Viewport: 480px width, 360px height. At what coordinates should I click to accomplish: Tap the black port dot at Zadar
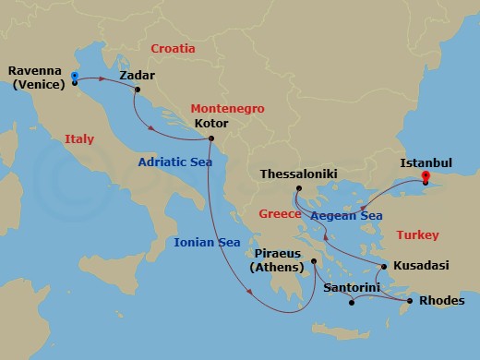(137, 90)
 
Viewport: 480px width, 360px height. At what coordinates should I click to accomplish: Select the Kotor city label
(211, 123)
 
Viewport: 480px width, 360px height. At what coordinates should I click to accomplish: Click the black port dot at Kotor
(211, 139)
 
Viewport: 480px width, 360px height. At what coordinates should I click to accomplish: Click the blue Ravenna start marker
(74, 76)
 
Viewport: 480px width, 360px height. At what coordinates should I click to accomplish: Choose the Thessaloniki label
(298, 173)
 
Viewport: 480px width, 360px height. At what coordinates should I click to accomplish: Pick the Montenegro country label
(227, 108)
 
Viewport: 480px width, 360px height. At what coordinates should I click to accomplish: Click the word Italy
(79, 139)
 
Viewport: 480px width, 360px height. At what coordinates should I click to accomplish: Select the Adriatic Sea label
(175, 162)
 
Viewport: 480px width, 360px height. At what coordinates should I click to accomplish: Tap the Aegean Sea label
(346, 216)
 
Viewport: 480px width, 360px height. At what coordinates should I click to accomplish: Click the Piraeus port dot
(314, 260)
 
